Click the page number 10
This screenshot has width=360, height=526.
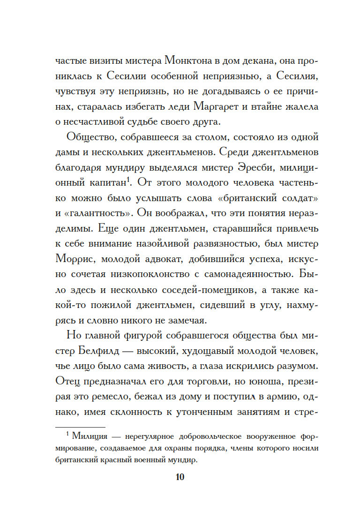pyautogui.click(x=180, y=477)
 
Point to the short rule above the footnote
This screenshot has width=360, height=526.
pyautogui.click(x=80, y=427)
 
